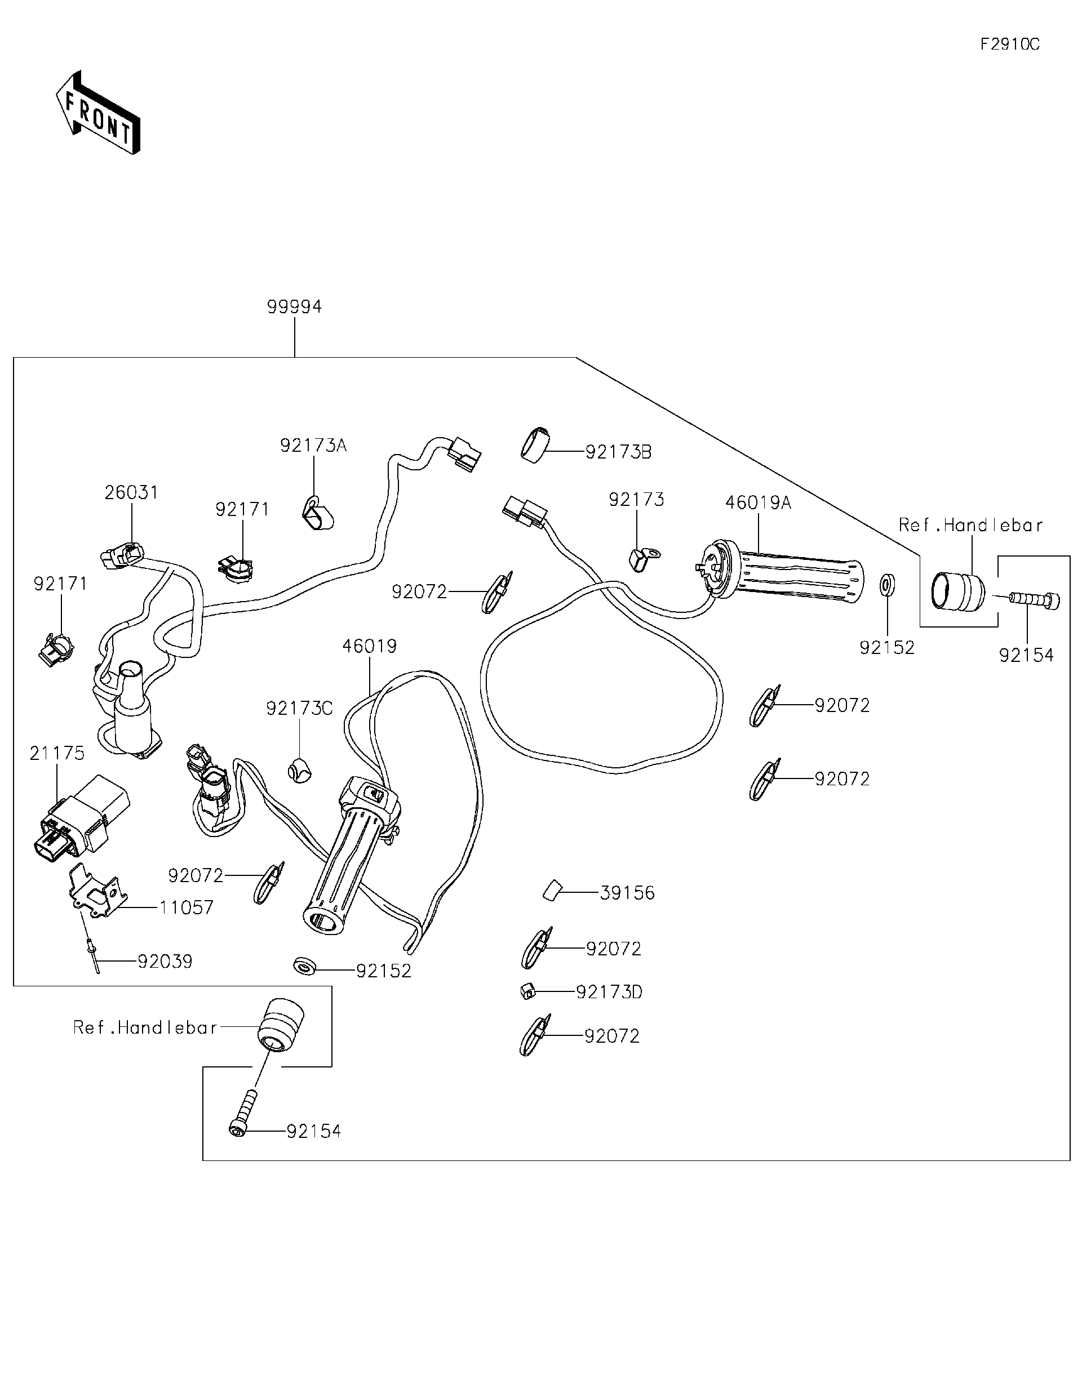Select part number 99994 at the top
pyautogui.click(x=294, y=307)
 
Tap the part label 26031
pyautogui.click(x=131, y=492)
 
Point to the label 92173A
pyautogui.click(x=313, y=446)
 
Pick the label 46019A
pyautogui.click(x=757, y=504)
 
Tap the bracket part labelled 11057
pyautogui.click(x=94, y=891)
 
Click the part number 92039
pyautogui.click(x=165, y=962)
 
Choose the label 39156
pyautogui.click(x=627, y=893)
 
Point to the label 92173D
pyautogui.click(x=609, y=992)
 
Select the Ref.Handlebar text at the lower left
pyautogui.click(x=145, y=1028)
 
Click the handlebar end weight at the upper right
pyautogui.click(x=957, y=590)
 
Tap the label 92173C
pyautogui.click(x=299, y=709)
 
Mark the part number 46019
pyautogui.click(x=369, y=646)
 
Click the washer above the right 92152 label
pyautogui.click(x=887, y=584)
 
